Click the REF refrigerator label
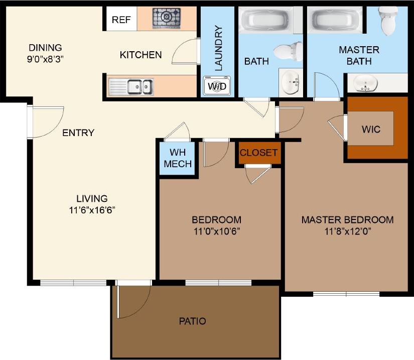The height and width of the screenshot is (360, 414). [x=121, y=20]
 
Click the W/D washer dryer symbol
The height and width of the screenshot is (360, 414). [x=217, y=86]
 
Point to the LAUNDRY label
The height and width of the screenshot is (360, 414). [x=218, y=48]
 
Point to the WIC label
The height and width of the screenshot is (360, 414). [x=371, y=129]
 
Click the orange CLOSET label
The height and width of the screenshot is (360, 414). [x=258, y=152]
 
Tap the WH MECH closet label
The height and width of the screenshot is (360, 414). [x=178, y=158]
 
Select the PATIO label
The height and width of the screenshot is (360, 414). [x=193, y=321]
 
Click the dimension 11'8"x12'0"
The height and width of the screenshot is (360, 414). [x=347, y=231]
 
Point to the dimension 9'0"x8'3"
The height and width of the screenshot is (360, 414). [x=45, y=58]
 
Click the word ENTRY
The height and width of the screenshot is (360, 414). [x=78, y=133]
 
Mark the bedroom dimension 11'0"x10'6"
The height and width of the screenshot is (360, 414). [x=216, y=231]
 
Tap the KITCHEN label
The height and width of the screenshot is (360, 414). [x=141, y=55]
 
